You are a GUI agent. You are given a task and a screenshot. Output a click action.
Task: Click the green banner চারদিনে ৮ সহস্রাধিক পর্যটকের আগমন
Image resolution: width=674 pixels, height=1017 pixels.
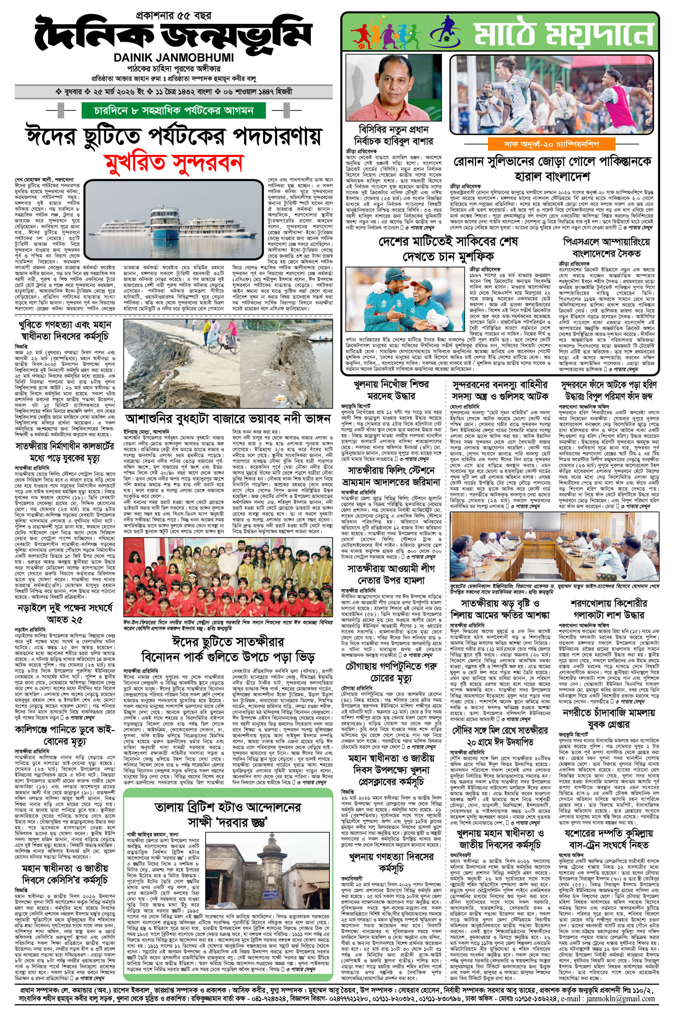(173, 111)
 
